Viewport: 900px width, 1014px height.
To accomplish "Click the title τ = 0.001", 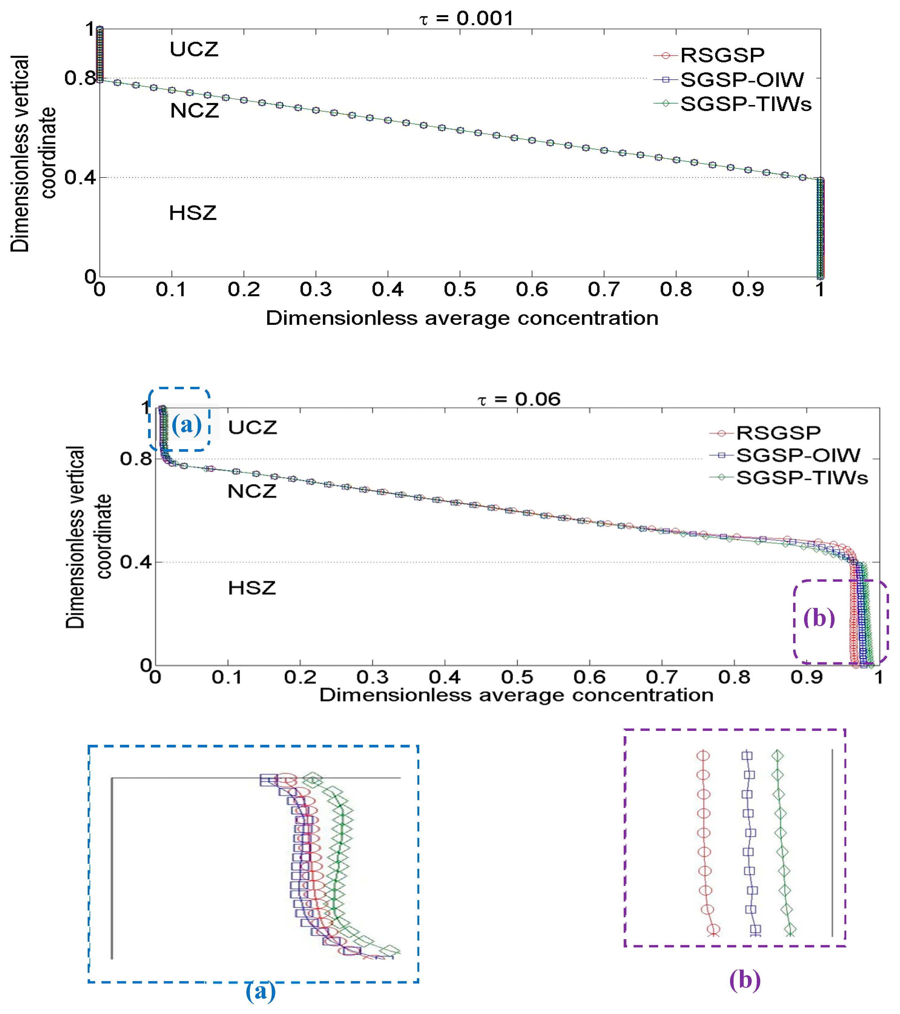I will pos(466,19).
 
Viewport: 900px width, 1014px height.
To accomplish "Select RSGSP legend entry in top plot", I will pos(722,55).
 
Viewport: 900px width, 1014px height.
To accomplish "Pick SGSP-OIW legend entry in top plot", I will pos(742,79).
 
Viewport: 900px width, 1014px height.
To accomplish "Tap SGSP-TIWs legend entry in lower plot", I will pos(802,478).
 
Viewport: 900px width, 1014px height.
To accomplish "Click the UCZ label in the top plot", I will pos(194,50).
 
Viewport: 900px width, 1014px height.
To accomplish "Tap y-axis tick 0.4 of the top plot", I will pos(79,178).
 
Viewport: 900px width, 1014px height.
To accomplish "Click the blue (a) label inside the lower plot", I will pos(187,425).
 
